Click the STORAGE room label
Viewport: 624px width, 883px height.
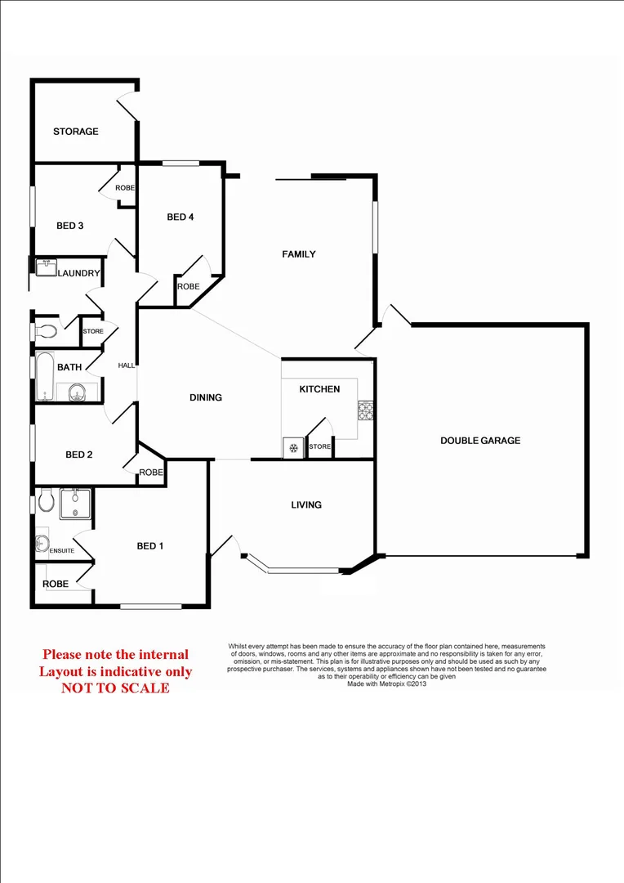click(76, 132)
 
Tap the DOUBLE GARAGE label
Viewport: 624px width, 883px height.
click(480, 441)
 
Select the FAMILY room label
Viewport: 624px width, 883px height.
click(299, 254)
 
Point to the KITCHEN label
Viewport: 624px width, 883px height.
click(319, 389)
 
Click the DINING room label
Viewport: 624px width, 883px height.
click(206, 398)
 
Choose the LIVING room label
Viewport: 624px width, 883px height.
click(306, 505)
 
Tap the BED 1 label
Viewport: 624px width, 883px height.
click(150, 546)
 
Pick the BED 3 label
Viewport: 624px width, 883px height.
click(70, 226)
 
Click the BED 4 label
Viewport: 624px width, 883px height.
click(181, 217)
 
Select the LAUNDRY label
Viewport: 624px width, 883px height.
click(78, 273)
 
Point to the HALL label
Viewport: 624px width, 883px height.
click(127, 365)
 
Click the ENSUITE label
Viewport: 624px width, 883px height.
click(62, 551)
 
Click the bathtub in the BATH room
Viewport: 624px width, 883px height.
click(46, 377)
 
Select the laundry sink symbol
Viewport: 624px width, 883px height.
click(44, 267)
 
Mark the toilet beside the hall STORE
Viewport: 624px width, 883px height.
click(48, 332)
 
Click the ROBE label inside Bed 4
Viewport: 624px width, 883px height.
click(189, 287)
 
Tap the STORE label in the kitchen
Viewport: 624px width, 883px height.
click(320, 447)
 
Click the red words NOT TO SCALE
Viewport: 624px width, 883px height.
click(115, 688)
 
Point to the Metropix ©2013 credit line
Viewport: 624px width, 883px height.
click(387, 684)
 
